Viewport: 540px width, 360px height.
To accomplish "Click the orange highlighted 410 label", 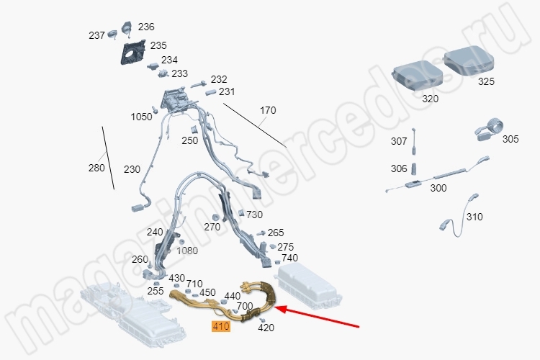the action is click(221, 326).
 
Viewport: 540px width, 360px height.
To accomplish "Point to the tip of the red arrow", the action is click(274, 307).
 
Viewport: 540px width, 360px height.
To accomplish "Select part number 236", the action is click(146, 27).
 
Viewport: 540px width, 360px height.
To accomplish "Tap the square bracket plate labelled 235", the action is click(132, 52).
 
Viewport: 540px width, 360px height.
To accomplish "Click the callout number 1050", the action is click(141, 117).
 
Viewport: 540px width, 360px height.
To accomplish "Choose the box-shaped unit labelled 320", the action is click(418, 76).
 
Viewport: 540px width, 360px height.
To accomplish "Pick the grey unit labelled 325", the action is click(469, 60).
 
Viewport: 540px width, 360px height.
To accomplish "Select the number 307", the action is click(399, 141).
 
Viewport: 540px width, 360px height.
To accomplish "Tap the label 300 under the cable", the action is click(438, 188).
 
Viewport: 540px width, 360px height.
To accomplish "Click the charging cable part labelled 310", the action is click(460, 215).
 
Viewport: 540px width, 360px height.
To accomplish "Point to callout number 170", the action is click(268, 110).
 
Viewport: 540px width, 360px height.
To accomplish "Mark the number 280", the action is click(96, 168).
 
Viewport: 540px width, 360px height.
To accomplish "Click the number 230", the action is click(132, 169).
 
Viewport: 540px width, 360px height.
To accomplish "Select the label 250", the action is click(190, 140).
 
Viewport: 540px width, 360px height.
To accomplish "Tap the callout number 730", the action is click(254, 215).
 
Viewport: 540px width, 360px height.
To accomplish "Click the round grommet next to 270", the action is click(216, 217).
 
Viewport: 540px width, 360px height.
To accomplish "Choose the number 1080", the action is click(187, 251).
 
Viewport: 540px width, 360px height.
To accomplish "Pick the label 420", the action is click(266, 328).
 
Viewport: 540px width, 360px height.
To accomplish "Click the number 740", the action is click(289, 258).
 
